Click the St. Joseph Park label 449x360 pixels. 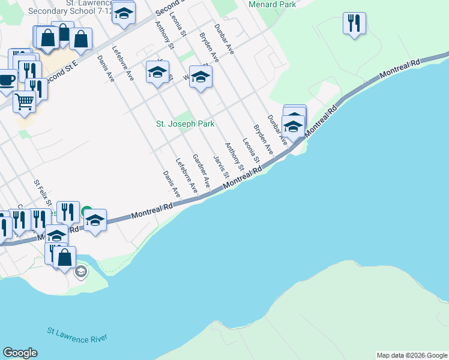pos(185,124)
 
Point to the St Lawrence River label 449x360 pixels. pos(77,335)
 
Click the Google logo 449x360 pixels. pos(20,353)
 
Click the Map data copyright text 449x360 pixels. pos(412,355)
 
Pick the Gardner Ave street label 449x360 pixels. pos(200,172)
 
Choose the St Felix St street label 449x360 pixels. pos(41,193)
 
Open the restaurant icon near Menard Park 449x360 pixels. pos(354,23)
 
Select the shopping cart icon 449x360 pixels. pos(24,101)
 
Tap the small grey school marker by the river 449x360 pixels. pos(80,272)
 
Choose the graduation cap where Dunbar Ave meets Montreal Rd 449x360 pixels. pos(294,127)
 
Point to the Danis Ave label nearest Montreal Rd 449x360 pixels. pos(172,184)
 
